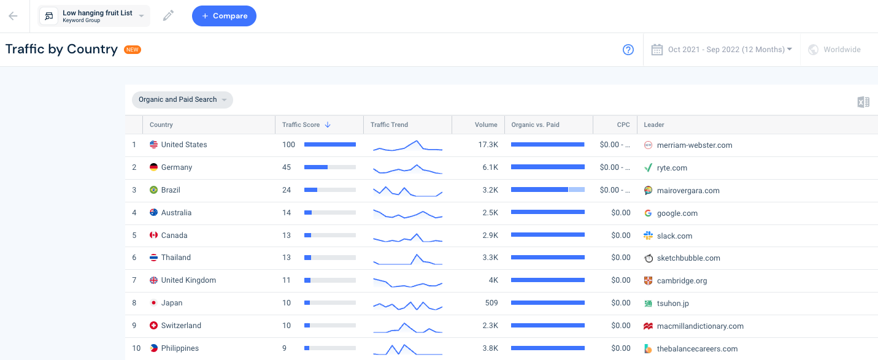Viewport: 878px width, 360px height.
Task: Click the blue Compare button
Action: click(224, 16)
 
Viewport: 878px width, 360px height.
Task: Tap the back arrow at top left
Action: click(13, 16)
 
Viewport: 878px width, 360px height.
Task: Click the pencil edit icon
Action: click(168, 16)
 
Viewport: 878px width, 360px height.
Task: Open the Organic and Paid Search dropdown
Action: click(182, 99)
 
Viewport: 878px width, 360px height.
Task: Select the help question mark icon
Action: click(628, 50)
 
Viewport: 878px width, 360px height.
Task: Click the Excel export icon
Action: click(863, 102)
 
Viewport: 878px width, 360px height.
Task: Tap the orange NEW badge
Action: click(133, 50)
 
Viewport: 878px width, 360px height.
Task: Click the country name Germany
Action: click(176, 167)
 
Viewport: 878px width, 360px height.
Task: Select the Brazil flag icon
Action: click(153, 190)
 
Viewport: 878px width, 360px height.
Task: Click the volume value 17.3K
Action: click(488, 145)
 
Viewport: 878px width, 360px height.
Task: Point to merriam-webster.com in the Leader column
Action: click(694, 145)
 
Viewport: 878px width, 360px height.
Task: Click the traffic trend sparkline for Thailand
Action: click(407, 259)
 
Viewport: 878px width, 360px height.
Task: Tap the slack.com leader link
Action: click(674, 236)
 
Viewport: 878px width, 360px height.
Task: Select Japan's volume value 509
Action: click(491, 303)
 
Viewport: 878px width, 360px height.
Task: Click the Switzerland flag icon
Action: click(153, 326)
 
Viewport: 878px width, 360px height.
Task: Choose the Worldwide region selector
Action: click(834, 50)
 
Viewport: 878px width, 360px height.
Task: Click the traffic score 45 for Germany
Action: click(287, 167)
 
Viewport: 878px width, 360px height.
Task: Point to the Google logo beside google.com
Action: click(649, 213)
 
